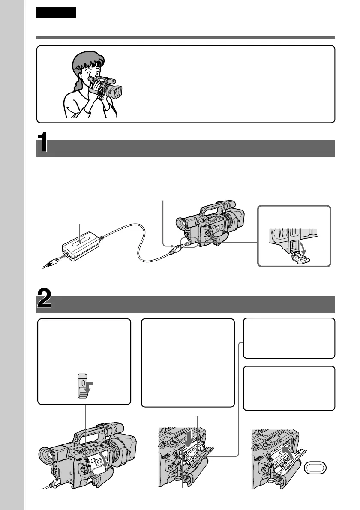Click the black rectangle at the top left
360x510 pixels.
point(56,13)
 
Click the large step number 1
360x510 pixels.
point(43,145)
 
